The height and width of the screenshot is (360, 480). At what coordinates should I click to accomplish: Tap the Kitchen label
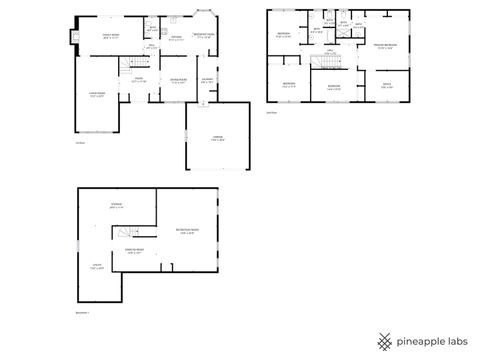[175, 39]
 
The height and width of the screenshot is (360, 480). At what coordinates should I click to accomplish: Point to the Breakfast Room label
[204, 36]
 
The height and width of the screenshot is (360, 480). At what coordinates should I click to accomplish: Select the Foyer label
[139, 81]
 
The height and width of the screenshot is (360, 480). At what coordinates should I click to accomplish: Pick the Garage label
[217, 139]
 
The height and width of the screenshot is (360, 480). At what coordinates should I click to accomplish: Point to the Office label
[386, 86]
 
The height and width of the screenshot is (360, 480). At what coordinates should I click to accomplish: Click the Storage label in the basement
[115, 206]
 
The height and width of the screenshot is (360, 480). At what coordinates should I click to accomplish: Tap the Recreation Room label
[186, 231]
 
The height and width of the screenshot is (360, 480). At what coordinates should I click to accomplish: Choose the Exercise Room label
[134, 250]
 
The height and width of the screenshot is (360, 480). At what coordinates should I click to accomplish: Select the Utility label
[98, 267]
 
